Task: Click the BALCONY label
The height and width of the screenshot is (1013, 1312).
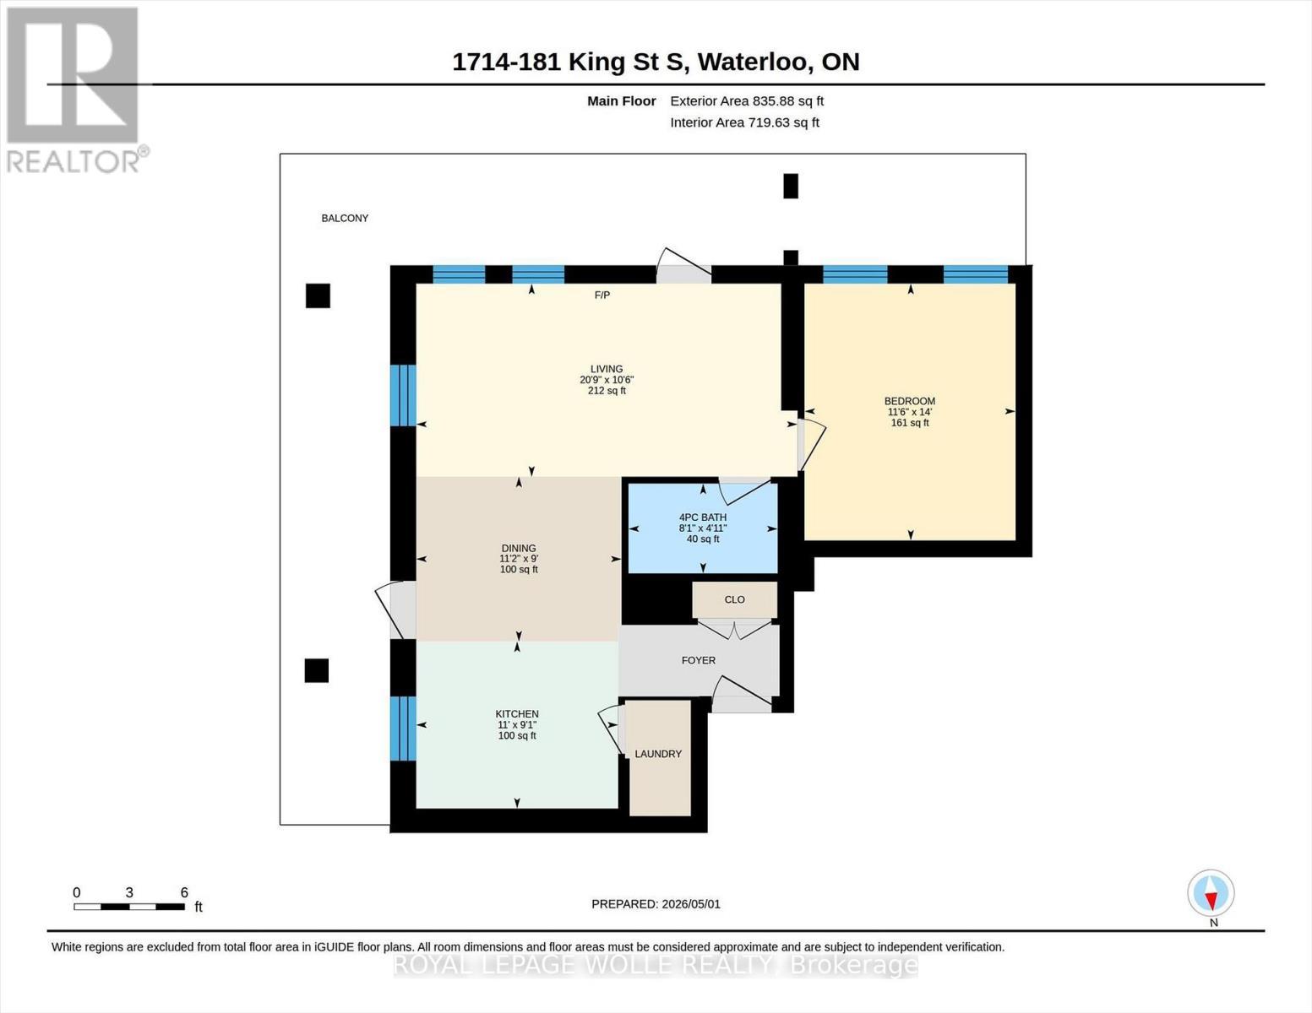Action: click(345, 219)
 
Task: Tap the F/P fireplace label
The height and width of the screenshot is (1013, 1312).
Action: click(602, 295)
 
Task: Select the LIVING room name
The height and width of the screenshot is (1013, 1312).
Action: click(607, 369)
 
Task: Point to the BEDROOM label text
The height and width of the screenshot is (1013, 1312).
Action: click(910, 401)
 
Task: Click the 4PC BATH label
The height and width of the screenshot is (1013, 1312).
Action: click(703, 517)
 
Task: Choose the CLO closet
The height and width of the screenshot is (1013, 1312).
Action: click(735, 599)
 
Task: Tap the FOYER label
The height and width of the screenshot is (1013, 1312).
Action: click(699, 661)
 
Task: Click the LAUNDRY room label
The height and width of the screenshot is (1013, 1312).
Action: click(658, 754)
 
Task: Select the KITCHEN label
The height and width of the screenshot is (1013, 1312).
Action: click(517, 714)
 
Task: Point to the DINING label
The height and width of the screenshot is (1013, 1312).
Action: click(519, 549)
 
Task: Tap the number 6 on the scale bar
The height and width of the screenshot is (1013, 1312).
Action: click(184, 893)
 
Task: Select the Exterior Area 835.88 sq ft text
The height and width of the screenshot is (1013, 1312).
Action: click(747, 101)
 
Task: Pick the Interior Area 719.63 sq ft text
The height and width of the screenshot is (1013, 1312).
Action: click(744, 122)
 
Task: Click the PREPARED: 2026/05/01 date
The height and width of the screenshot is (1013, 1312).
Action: click(656, 904)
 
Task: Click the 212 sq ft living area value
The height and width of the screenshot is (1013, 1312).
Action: click(607, 391)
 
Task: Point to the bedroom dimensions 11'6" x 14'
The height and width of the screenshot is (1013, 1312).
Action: click(910, 412)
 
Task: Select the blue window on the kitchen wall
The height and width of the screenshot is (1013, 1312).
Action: click(403, 729)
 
